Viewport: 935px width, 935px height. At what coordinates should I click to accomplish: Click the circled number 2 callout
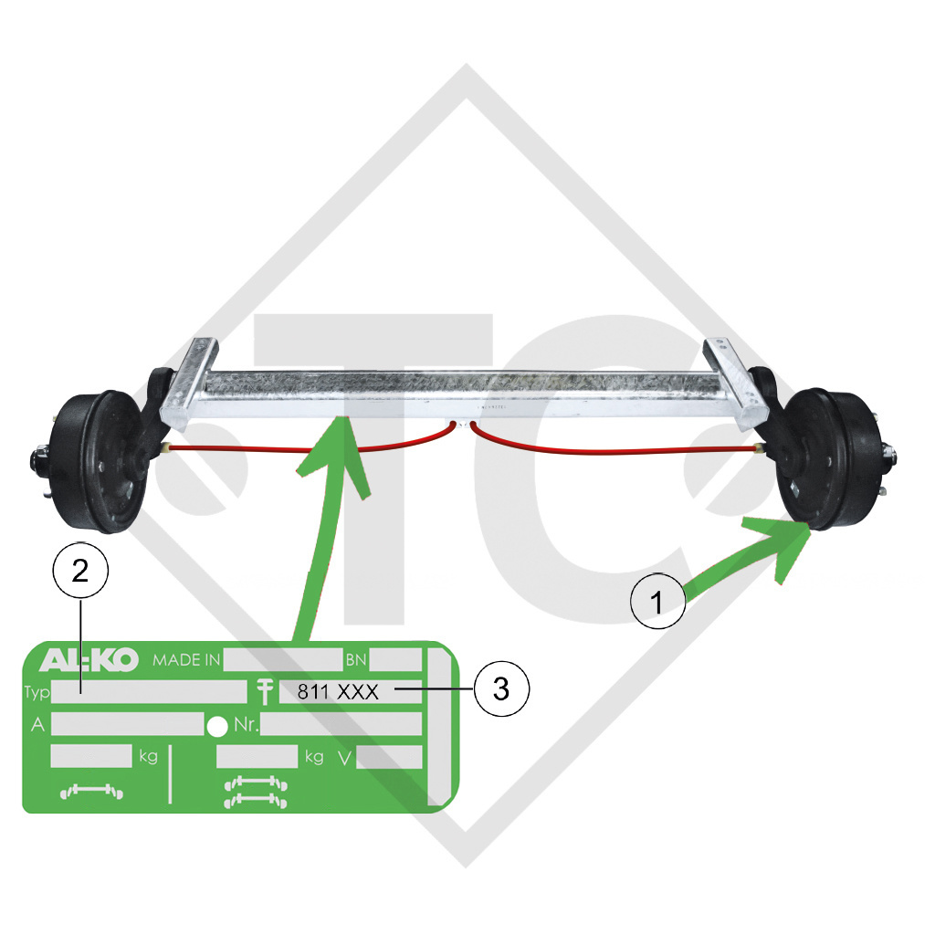point(80,571)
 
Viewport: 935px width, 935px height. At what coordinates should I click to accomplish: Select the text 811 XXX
point(338,692)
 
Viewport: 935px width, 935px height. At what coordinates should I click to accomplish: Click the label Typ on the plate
point(37,692)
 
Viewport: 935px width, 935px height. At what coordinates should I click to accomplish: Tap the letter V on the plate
point(344,757)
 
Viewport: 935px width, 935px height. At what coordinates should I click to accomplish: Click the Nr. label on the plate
point(246,725)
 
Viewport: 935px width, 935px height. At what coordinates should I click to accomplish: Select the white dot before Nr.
point(217,726)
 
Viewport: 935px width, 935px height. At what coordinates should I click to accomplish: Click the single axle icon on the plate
point(91,792)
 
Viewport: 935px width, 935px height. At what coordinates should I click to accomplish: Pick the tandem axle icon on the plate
point(256,792)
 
